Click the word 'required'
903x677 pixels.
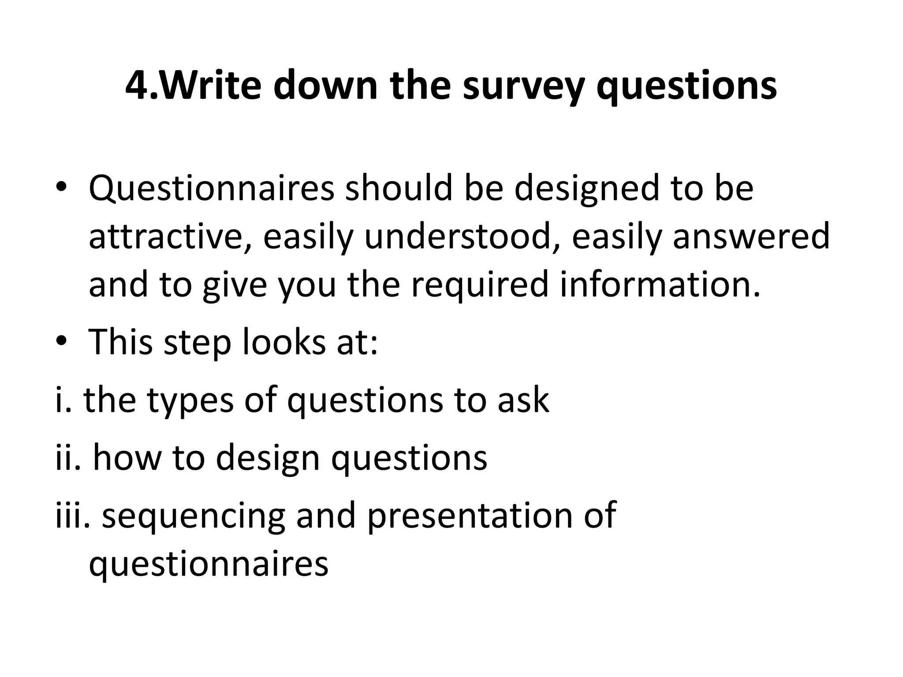[480, 285]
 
